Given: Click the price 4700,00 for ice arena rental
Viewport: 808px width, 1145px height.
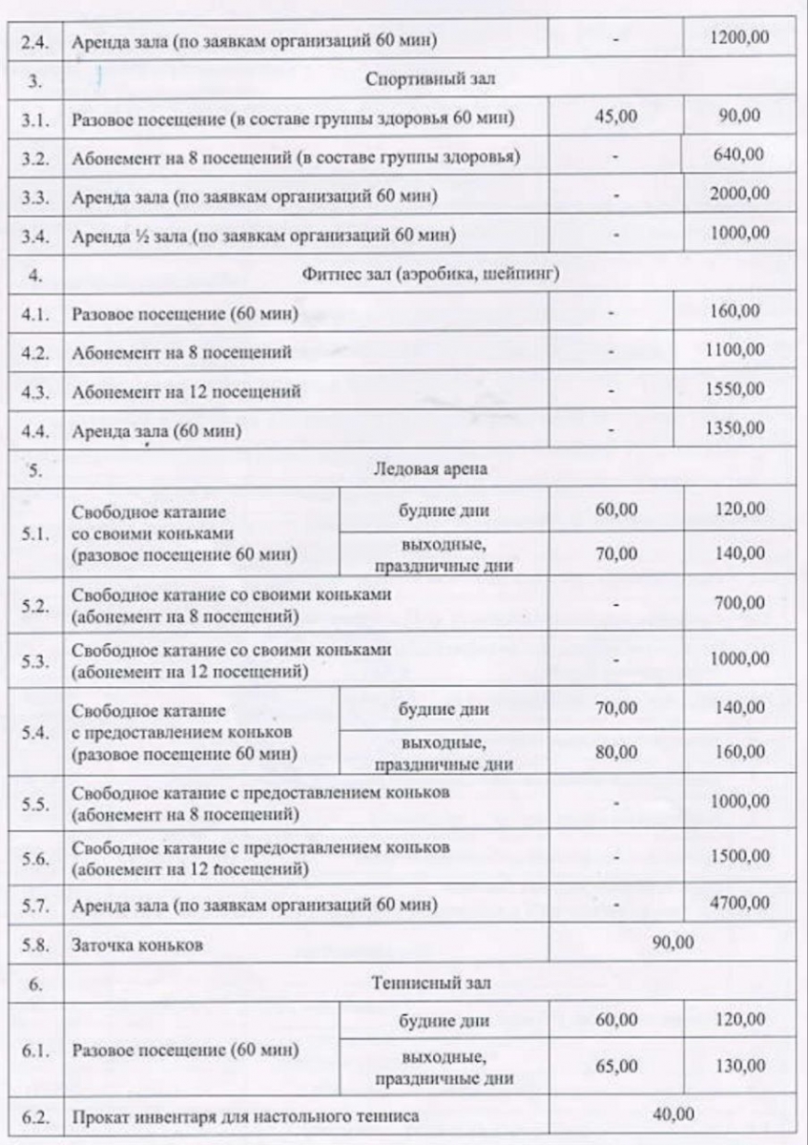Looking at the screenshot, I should (x=739, y=902).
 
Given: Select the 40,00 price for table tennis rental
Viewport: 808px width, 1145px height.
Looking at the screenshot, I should (x=671, y=1113).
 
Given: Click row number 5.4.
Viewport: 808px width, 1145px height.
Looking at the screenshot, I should (x=32, y=731).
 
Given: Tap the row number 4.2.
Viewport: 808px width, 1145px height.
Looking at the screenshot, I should (x=32, y=352).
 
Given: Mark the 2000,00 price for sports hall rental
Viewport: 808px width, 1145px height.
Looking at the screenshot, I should (x=740, y=194).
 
